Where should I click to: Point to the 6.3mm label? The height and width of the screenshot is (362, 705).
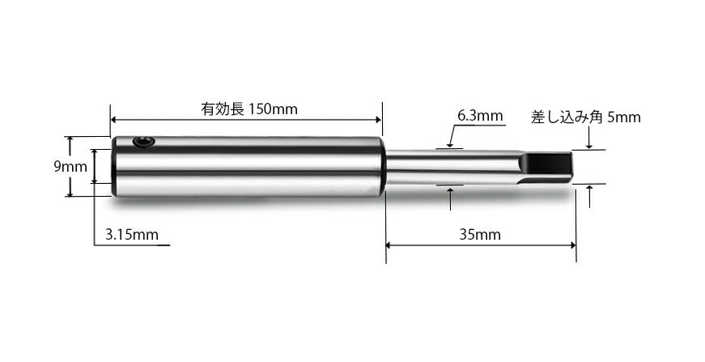480,116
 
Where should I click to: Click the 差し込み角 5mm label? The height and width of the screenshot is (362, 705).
585,117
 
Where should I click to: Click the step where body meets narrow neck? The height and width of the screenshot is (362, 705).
384,166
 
